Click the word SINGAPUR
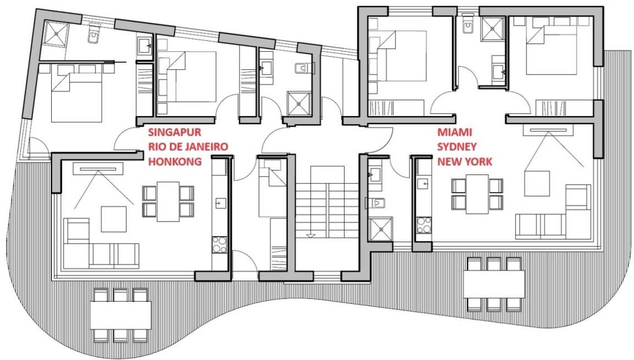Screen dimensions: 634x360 pos(174,132)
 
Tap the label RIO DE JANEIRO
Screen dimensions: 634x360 pos(188,147)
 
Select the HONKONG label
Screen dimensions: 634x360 pos(174,162)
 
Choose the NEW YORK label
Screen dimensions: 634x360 pos(465,162)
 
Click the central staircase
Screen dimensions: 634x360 pos(327,201)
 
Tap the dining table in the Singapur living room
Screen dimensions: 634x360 pos(168,201)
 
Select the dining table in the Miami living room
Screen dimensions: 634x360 pos(477,194)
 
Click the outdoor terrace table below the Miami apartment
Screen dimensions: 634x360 pos(494,284)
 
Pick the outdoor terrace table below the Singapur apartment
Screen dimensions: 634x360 pos(121,315)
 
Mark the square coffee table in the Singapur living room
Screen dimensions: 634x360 pos(113,219)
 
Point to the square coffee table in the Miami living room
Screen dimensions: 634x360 pos(537,184)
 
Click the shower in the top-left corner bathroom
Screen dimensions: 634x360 pos(56,34)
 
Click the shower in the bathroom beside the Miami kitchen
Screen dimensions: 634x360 pos(380,230)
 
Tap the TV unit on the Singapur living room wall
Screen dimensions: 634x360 pos(98,168)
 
